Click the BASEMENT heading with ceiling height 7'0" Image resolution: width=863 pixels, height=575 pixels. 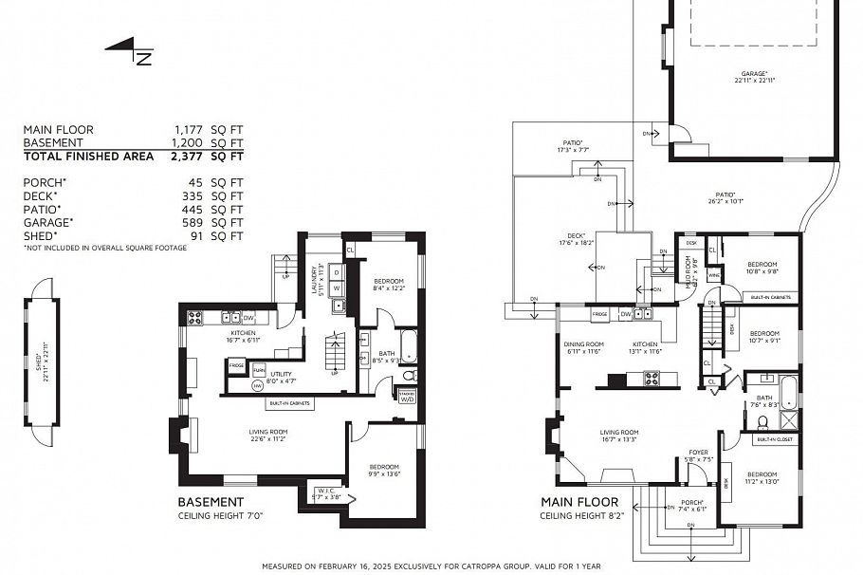click(x=211, y=503)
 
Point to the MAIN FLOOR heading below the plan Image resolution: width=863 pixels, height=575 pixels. click(x=579, y=503)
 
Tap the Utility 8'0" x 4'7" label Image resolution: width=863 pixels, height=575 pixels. click(x=283, y=378)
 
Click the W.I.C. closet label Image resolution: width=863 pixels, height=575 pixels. click(x=326, y=492)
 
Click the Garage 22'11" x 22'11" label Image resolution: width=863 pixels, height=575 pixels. click(x=754, y=77)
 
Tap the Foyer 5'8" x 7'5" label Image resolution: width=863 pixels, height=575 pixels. click(x=699, y=456)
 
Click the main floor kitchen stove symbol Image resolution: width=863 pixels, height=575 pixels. click(x=653, y=379)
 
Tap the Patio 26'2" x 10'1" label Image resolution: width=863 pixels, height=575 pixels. click(x=725, y=198)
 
